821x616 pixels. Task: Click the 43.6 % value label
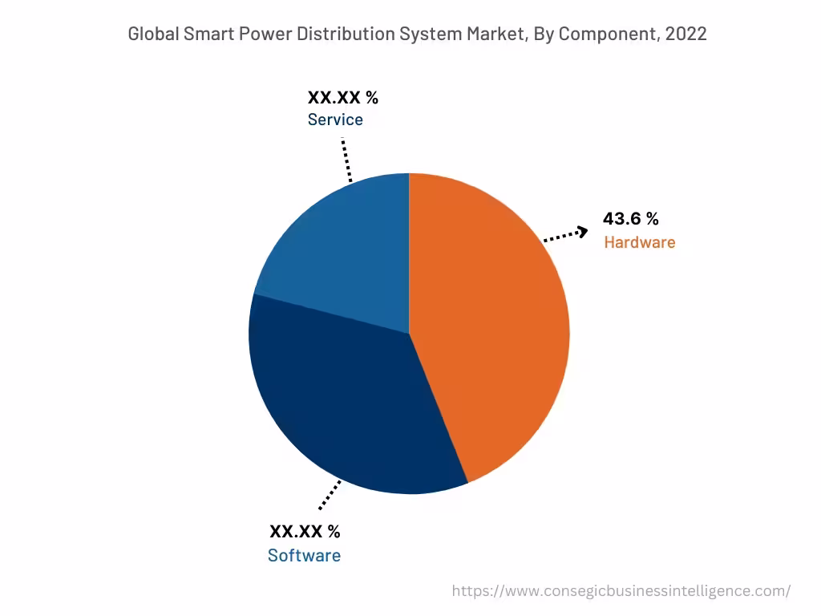click(631, 219)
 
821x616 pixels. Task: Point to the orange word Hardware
click(639, 242)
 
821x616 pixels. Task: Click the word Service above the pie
click(335, 120)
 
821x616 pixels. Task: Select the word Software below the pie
click(304, 556)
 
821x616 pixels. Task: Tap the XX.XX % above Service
click(342, 98)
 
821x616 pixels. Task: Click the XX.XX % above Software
click(305, 532)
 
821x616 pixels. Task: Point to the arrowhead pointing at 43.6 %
click(583, 232)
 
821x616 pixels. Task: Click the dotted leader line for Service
click(346, 160)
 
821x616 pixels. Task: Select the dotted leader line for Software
click(330, 495)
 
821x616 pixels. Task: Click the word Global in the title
click(153, 34)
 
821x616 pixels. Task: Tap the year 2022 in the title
click(686, 34)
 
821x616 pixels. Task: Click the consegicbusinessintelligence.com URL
click(621, 591)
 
